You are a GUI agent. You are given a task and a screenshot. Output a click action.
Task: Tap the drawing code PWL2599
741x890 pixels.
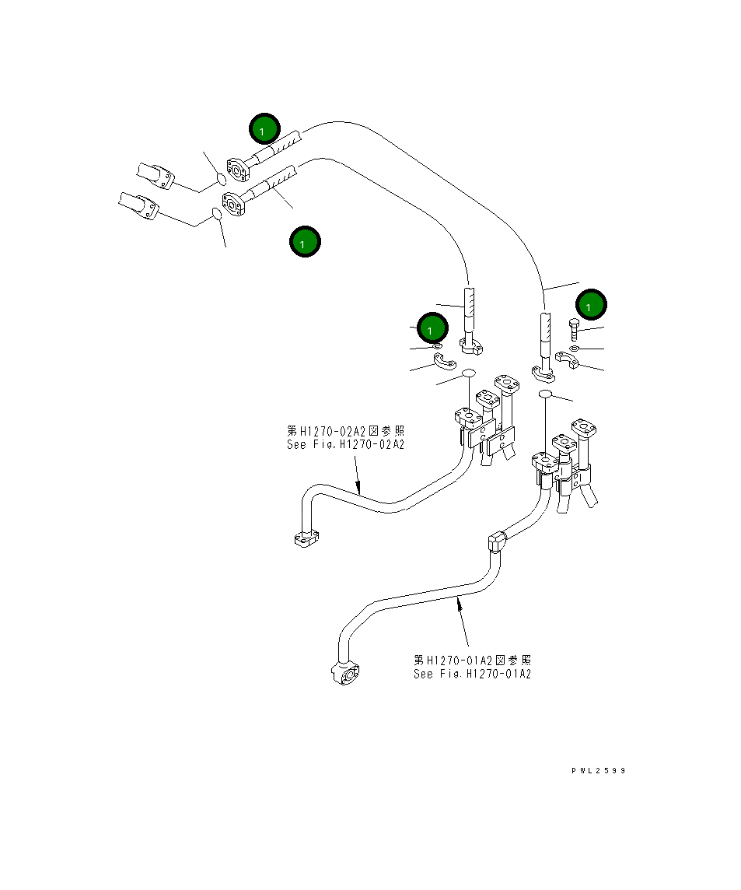point(598,771)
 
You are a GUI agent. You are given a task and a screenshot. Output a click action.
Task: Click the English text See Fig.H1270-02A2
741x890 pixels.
point(345,445)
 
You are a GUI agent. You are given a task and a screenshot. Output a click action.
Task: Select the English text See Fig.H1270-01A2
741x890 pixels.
point(472,674)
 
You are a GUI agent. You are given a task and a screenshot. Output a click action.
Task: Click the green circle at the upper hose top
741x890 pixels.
point(264,129)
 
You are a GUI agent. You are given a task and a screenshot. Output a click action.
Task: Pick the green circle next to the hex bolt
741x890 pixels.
point(591,307)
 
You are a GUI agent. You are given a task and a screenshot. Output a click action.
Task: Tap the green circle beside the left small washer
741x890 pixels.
point(432,328)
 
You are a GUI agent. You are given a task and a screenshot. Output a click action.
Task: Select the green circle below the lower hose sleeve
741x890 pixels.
point(304,242)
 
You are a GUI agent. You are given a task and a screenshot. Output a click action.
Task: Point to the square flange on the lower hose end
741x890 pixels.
point(233,204)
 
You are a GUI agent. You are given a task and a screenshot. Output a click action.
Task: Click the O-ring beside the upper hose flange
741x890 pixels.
point(220,180)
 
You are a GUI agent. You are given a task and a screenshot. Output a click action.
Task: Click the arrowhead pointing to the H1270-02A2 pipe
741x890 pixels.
point(359,489)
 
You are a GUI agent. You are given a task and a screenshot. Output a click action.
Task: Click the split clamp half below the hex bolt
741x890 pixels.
point(567,360)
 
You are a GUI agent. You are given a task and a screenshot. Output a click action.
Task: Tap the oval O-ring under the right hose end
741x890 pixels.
point(545,396)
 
